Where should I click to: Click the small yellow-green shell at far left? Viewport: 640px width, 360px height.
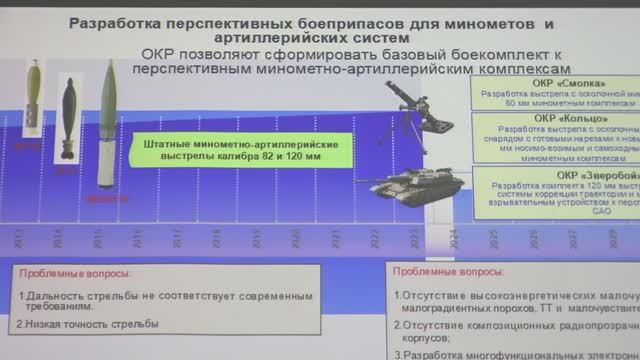coord(31,98)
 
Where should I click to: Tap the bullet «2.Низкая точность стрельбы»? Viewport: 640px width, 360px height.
coord(85,325)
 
